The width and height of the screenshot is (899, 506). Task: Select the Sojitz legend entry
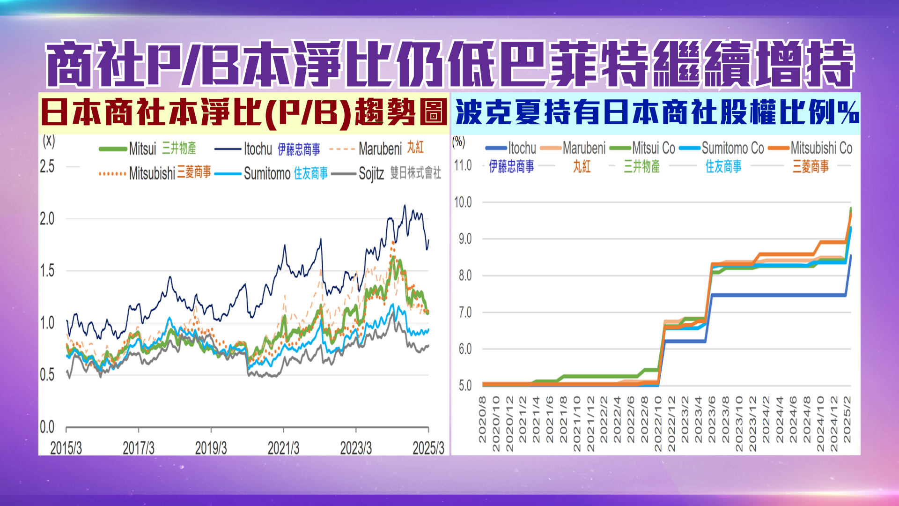[371, 174]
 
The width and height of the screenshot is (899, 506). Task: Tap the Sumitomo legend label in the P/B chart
[267, 174]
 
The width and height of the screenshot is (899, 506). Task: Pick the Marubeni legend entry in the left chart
[380, 149]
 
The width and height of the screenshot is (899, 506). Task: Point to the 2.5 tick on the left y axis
[47, 166]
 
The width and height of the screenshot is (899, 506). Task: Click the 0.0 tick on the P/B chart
[47, 427]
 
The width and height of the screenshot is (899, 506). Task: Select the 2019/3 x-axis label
[211, 448]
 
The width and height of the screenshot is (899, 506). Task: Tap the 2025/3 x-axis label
[428, 448]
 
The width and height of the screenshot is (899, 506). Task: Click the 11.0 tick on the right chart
[463, 165]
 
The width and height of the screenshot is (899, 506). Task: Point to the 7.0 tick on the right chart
[465, 312]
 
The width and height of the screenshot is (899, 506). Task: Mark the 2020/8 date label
[482, 419]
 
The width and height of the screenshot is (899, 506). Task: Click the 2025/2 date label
[847, 419]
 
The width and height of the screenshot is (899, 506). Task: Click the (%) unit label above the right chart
[458, 142]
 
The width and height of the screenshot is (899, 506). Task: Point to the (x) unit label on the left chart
[49, 141]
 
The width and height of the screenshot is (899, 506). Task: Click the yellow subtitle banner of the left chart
[244, 113]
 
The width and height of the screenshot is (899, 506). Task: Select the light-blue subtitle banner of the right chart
[656, 113]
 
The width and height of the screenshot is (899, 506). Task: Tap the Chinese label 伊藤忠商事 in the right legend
[511, 166]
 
